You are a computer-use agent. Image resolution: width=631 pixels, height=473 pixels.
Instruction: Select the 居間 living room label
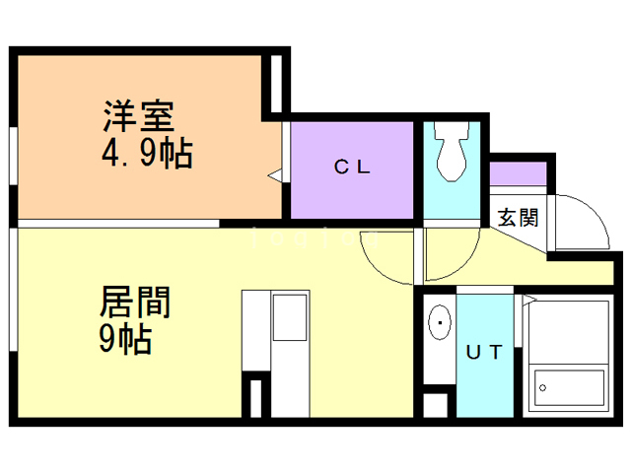coord(135,302)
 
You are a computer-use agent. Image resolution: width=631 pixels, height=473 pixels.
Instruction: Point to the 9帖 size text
coord(125,340)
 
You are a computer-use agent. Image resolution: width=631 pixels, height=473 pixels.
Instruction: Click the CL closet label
coord(351,167)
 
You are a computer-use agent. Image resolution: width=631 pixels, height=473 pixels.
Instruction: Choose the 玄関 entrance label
coord(517,218)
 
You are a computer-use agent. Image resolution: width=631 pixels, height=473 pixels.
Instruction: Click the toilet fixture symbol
coord(454,155)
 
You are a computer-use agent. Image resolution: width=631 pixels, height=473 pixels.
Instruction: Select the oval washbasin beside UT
coord(438,322)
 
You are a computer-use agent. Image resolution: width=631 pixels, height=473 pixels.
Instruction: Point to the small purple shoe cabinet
coord(519,173)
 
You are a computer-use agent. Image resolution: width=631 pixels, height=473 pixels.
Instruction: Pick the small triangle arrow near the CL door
coord(276,176)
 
